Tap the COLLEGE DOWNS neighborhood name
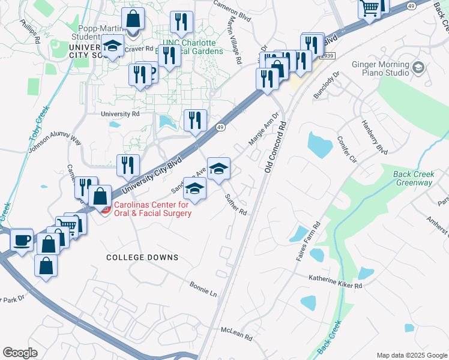click(142, 257)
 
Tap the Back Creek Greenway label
click(414, 178)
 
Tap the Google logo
click(20, 353)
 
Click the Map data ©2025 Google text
click(411, 355)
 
